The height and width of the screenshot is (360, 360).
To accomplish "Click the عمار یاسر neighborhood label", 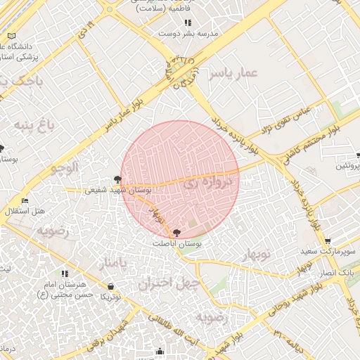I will point(235,73).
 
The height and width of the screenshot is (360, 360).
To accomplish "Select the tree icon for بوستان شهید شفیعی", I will point(117,180).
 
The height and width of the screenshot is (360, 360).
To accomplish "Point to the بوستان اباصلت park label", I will point(177,243).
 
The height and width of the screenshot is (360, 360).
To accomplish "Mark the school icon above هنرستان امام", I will point(65,274).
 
